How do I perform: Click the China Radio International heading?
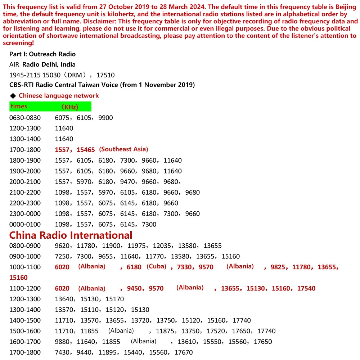click(71, 235)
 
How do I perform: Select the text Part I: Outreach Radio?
click(42, 54)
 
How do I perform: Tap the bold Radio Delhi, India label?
click(49, 65)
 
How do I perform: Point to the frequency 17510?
click(106, 75)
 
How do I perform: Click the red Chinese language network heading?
click(59, 96)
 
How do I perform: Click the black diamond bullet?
click(13, 96)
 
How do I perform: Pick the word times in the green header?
click(19, 106)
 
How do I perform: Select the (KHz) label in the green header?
click(69, 107)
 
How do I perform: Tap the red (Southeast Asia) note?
click(123, 149)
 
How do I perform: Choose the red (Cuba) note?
click(156, 266)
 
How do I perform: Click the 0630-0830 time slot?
click(25, 118)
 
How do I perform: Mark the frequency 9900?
click(105, 118)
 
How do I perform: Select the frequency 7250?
click(62, 257)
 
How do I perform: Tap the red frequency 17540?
click(306, 288)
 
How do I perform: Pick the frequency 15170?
click(114, 299)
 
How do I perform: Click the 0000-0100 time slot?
click(25, 224)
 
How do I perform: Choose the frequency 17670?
click(184, 352)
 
